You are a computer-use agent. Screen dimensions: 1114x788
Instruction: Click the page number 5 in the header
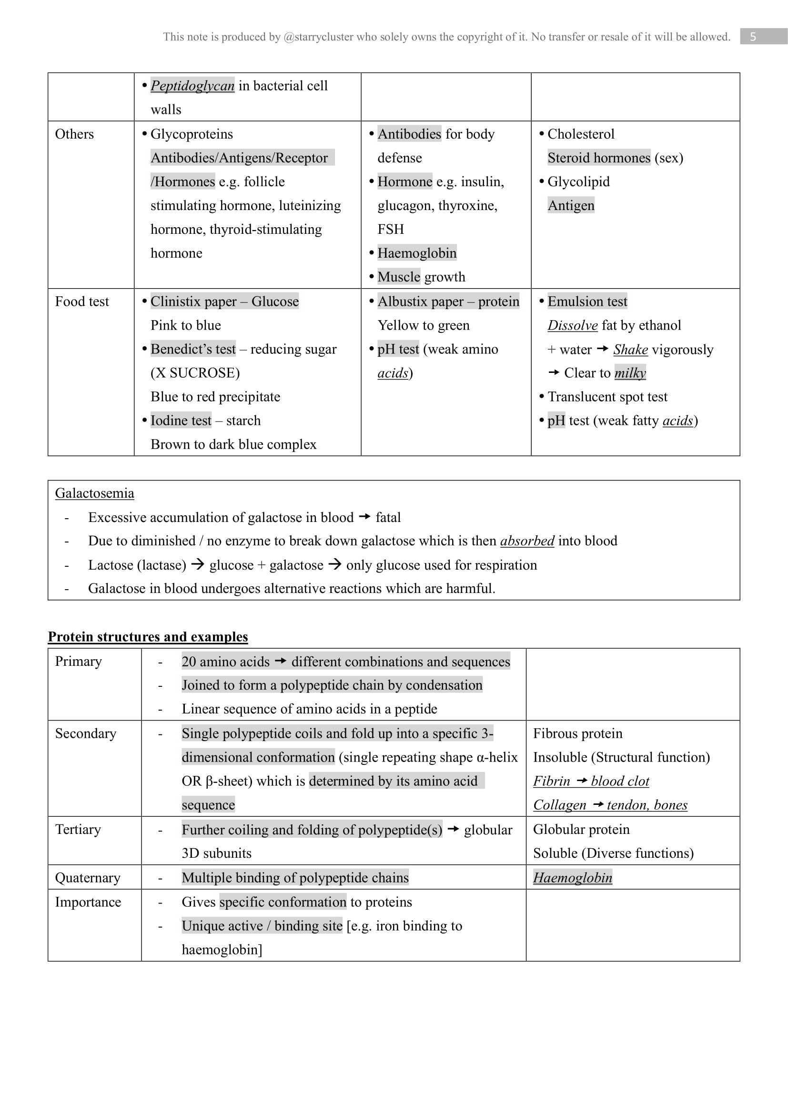pos(753,37)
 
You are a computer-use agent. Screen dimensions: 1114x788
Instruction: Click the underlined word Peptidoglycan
pos(192,86)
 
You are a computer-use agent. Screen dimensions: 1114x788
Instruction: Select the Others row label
pos(74,134)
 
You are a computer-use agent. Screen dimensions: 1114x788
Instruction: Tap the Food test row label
pos(82,301)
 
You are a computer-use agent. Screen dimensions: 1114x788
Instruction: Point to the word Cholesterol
pos(581,134)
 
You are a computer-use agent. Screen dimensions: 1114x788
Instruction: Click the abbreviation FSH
pos(391,229)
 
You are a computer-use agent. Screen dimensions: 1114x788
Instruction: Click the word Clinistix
pos(173,301)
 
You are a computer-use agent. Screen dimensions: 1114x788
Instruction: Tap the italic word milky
pos(630,372)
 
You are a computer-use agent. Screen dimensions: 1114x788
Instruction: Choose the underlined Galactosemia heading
pos(95,493)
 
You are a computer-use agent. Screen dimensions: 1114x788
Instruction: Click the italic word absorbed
pos(527,541)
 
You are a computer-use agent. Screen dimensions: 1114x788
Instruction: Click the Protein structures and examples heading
pos(148,637)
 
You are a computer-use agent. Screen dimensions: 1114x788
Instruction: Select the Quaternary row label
pos(88,877)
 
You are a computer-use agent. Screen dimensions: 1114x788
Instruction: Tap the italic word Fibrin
pos(551,781)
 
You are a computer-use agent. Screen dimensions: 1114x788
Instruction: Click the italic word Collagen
pos(559,805)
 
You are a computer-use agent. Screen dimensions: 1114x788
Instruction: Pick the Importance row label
pos(88,902)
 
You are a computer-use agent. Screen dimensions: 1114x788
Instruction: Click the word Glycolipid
pos(578,181)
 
